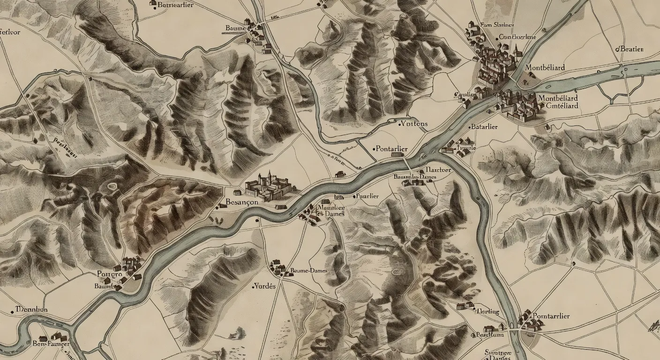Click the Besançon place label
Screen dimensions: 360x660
pyautogui.click(x=242, y=202)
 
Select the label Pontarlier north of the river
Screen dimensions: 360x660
pyautogui.click(x=392, y=149)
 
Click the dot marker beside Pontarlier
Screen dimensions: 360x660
pyautogui.click(x=374, y=149)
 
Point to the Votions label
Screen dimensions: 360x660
pyautogui.click(x=414, y=124)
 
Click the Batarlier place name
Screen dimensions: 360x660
pyautogui.click(x=485, y=127)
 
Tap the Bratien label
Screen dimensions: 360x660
pyautogui.click(x=631, y=49)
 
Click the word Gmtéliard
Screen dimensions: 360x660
pyautogui.click(x=562, y=105)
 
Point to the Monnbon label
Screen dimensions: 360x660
pyautogui.click(x=32, y=309)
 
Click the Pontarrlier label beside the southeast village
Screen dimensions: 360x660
pyautogui.click(x=552, y=316)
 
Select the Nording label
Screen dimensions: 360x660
pyautogui.click(x=488, y=312)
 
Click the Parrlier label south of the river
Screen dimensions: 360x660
pyautogui.click(x=368, y=196)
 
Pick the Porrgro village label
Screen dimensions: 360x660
pyautogui.click(x=109, y=274)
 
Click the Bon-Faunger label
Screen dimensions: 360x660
pyautogui.click(x=51, y=344)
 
